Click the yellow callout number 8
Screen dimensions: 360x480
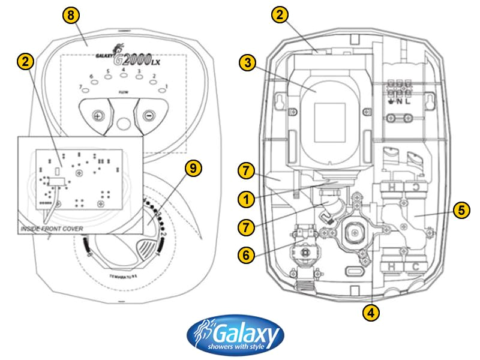(71, 16)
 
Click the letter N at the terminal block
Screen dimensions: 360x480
(398, 102)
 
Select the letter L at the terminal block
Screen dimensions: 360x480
(408, 102)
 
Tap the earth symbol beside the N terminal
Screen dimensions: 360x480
(390, 102)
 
